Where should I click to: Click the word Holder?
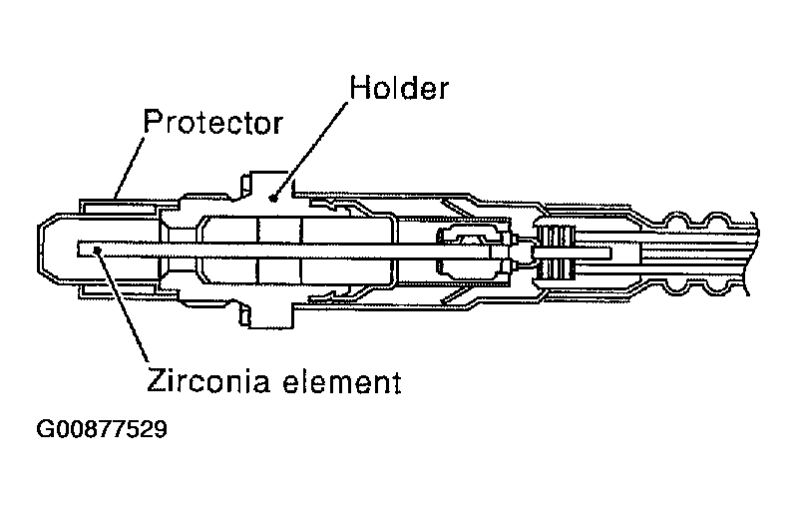(398, 87)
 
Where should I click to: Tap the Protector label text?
(212, 123)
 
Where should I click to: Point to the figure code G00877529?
(102, 431)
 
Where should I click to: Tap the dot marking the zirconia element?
(95, 250)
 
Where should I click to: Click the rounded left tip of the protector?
(44, 250)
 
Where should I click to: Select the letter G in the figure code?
(45, 431)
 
